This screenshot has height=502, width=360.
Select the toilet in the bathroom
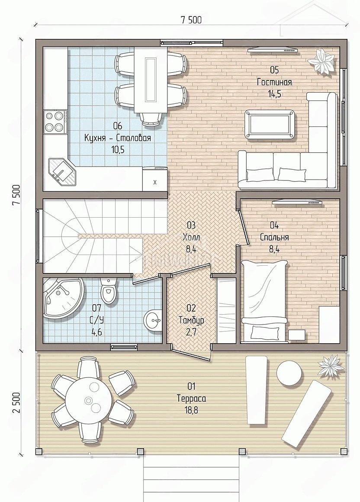(108, 290)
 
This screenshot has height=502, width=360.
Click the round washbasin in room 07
(153, 319)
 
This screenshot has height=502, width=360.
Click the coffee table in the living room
(270, 125)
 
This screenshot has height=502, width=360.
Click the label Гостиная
(274, 82)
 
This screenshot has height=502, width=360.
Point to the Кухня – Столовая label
(117, 138)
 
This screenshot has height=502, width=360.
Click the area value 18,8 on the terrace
(191, 410)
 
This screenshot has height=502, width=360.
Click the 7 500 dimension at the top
(191, 20)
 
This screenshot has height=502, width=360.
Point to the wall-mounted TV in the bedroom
(297, 202)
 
